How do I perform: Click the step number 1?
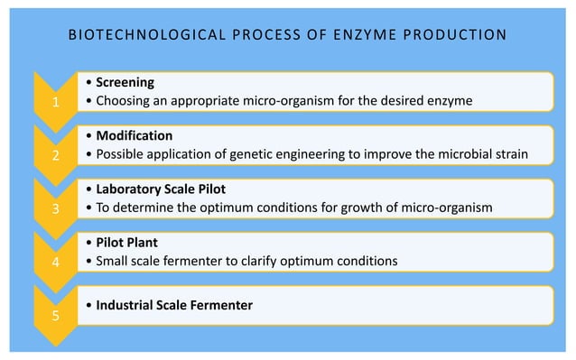(55, 103)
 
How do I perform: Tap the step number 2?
(55, 155)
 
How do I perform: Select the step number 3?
(55, 209)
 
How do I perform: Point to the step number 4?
(55, 263)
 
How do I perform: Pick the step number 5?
(55, 317)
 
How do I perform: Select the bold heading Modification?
(135, 136)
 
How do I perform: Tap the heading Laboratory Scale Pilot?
(162, 189)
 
